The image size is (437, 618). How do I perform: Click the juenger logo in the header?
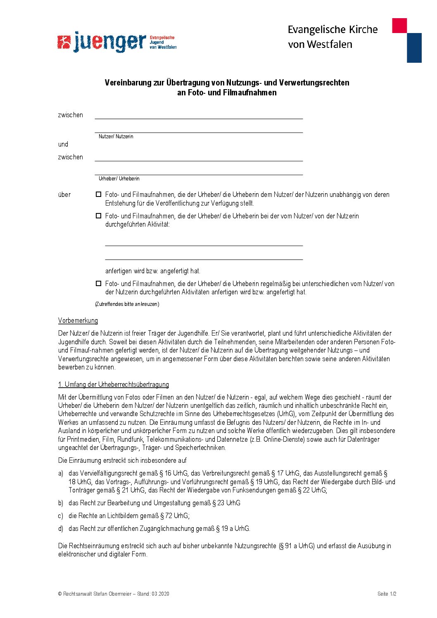(116, 42)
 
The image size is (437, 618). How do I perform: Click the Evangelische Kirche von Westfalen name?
(332, 37)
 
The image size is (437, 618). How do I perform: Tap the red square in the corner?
(399, 26)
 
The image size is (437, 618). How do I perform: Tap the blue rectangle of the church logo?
(414, 48)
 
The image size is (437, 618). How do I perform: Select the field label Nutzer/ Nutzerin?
(116, 137)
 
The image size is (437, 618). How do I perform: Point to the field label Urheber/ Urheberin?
(119, 179)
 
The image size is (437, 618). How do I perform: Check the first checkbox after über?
(98, 194)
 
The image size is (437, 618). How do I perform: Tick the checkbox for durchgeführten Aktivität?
(98, 216)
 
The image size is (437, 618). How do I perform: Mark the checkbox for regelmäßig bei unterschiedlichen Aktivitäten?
(98, 284)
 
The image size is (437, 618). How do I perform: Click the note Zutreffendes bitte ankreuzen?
(127, 304)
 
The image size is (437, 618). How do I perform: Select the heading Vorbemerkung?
(78, 321)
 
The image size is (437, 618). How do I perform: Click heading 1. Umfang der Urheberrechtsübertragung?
(114, 385)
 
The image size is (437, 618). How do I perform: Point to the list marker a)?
(61, 474)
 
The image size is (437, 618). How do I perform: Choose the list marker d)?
(61, 529)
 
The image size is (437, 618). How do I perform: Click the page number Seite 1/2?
(387, 594)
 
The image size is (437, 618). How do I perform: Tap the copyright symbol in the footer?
(60, 594)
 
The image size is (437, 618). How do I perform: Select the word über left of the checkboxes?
(64, 195)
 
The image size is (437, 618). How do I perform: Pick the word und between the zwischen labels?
(63, 144)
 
